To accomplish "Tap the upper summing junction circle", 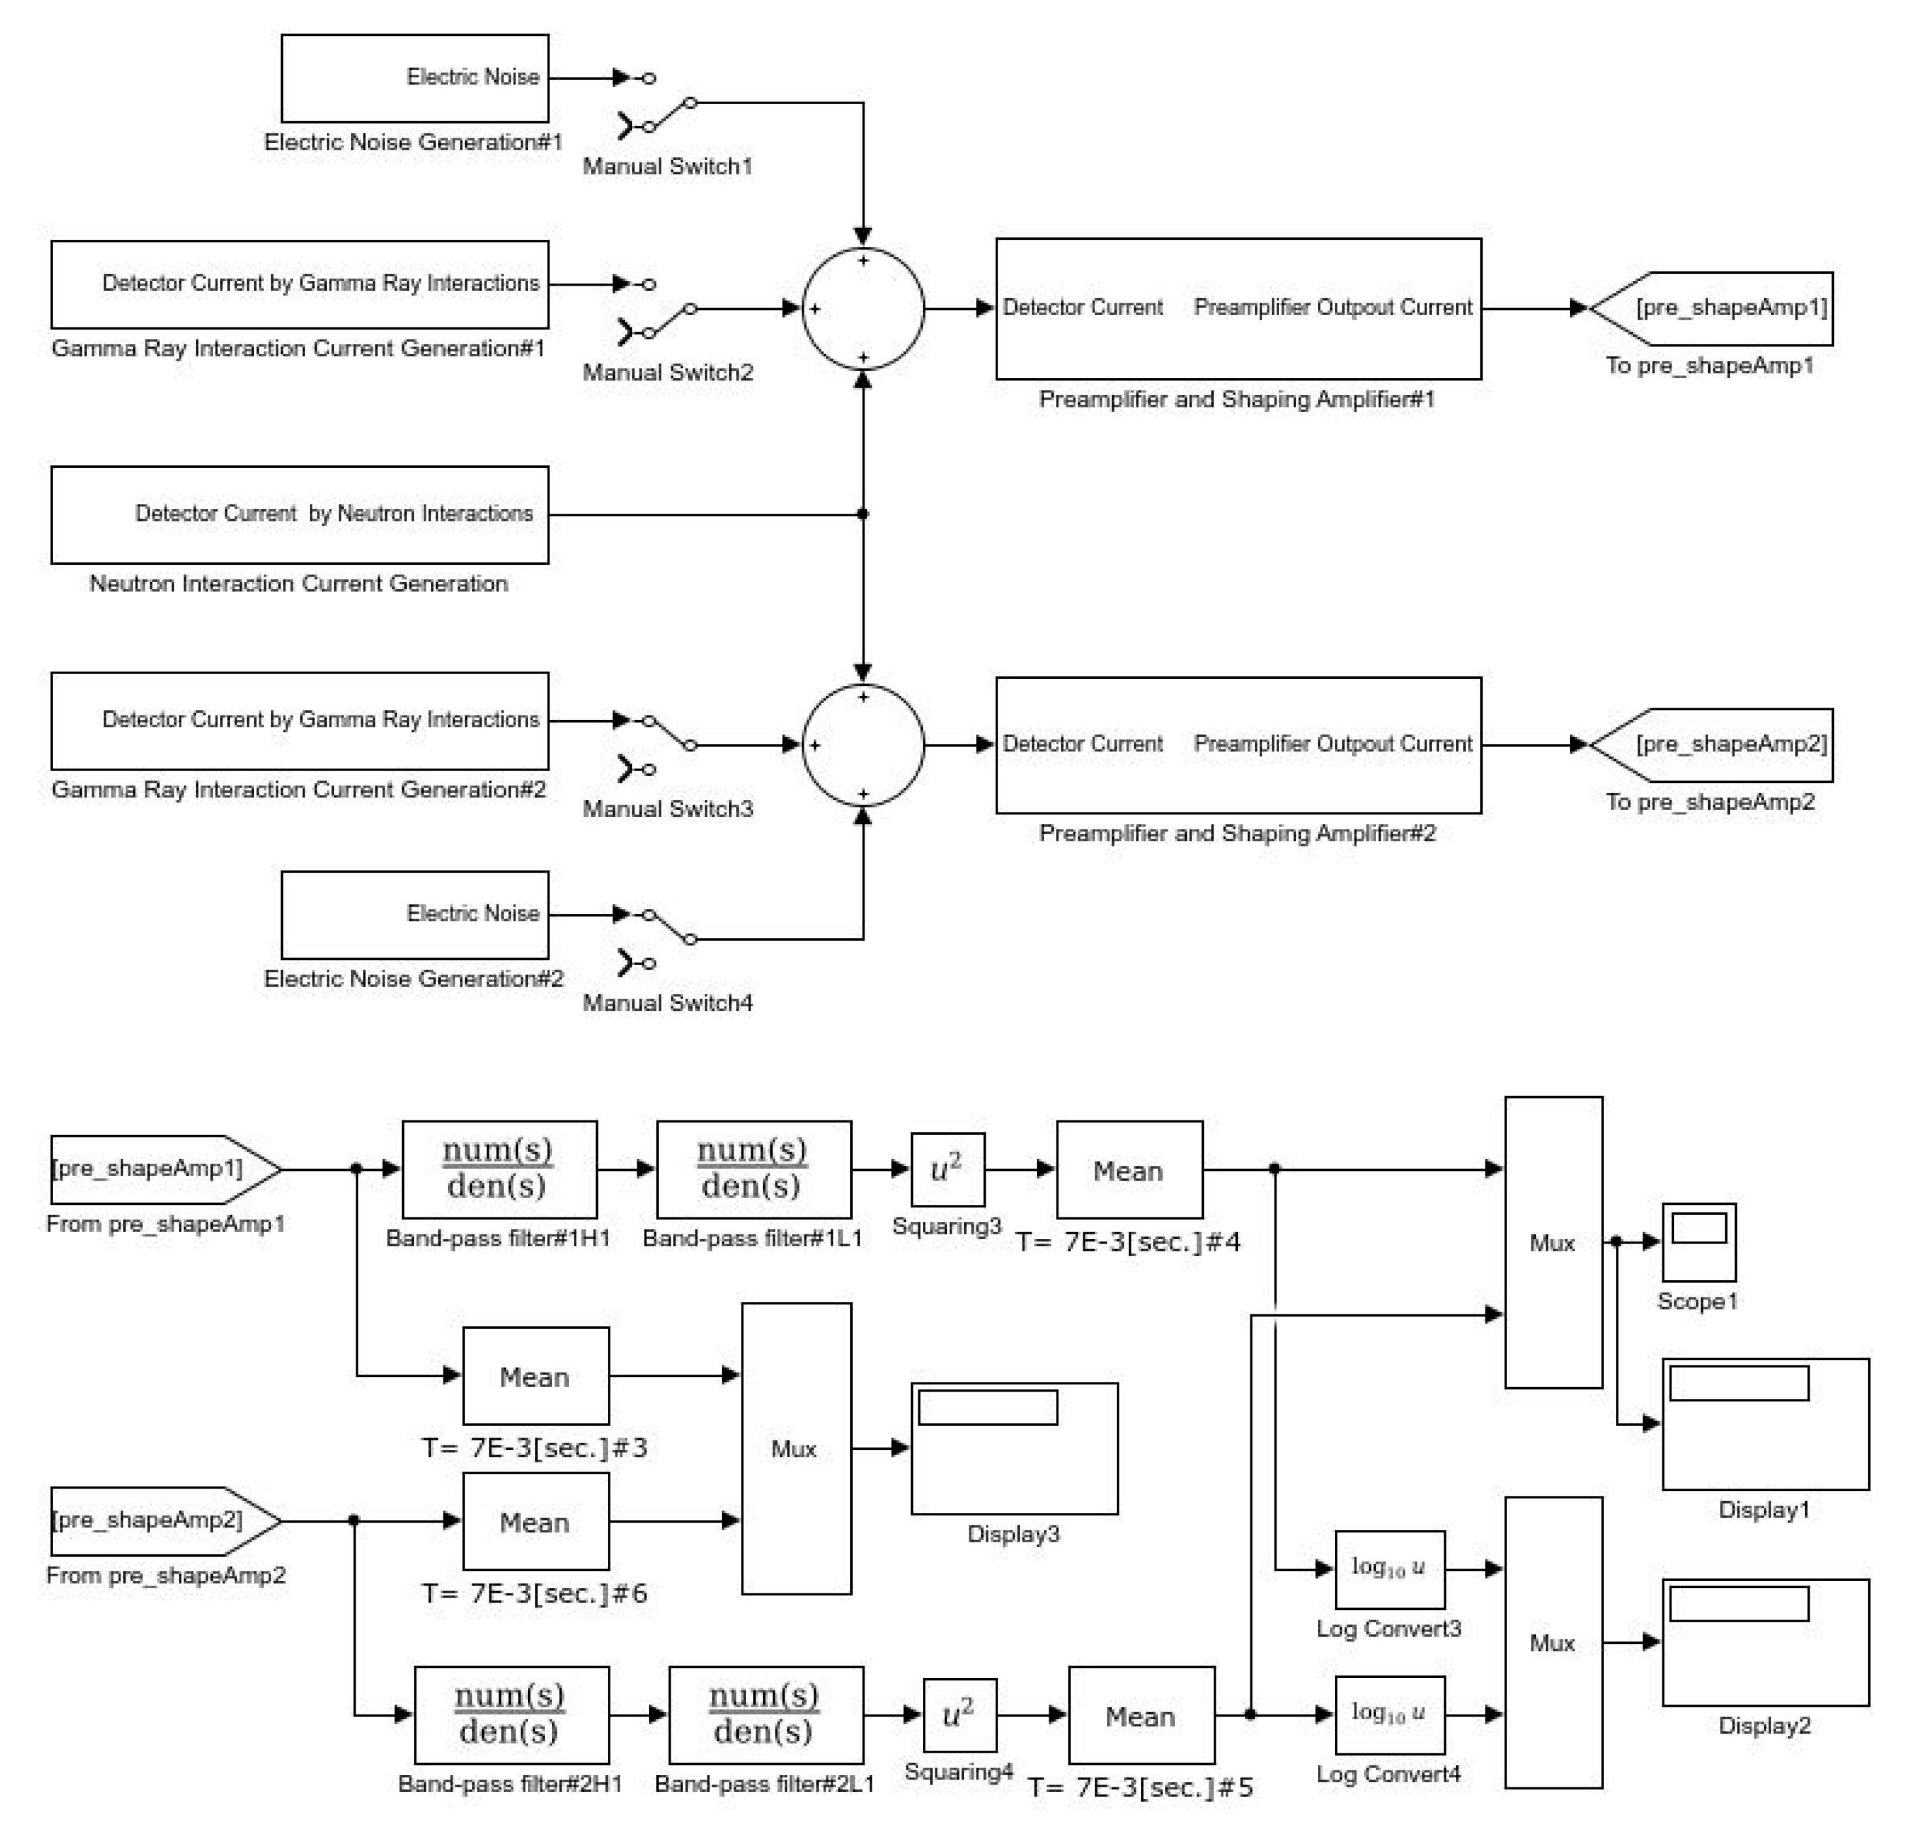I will coord(863,309).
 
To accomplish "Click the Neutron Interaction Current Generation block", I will coord(299,514).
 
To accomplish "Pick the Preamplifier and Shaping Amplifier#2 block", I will coord(1238,745).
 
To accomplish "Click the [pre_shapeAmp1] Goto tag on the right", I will coord(1715,309).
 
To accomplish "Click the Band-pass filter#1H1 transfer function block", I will coord(499,1170).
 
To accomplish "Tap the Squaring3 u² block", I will coord(947,1170).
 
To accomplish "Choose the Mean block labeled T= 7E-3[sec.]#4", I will coord(1129,1170).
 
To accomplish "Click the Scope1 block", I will coord(1698,1242).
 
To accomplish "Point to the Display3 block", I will coord(1015,1447).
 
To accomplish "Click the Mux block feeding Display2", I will coord(1553,1642).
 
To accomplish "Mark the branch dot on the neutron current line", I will coord(863,514).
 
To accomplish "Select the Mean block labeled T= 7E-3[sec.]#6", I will coord(535,1521).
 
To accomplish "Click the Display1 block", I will coord(1765,1423).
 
